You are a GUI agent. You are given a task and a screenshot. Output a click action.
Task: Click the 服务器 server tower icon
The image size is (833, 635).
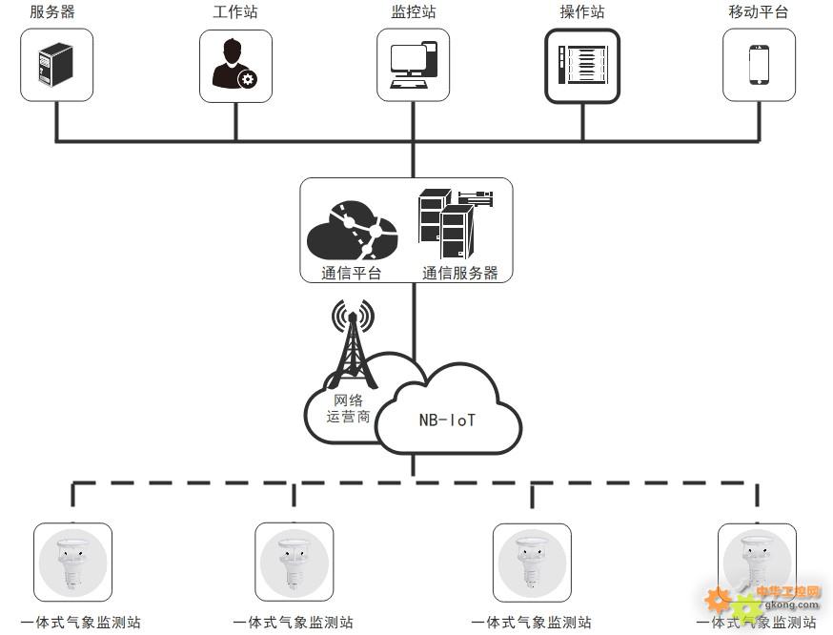click(x=56, y=65)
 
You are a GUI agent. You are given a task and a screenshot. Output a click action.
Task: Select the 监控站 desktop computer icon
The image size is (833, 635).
click(x=414, y=65)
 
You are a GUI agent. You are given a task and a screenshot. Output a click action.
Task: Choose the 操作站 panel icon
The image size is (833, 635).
click(x=582, y=65)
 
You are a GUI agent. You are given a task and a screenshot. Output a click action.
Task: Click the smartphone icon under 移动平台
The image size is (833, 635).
click(x=759, y=65)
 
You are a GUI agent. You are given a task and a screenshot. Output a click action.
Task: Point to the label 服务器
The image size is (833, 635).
click(x=52, y=11)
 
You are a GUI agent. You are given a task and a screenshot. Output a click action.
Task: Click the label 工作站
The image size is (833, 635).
click(x=235, y=11)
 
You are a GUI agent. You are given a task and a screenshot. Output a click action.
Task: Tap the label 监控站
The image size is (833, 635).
click(x=414, y=11)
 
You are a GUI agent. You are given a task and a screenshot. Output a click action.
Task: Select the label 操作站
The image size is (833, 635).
click(x=582, y=11)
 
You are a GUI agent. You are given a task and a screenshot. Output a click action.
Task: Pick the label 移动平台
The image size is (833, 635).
click(x=758, y=11)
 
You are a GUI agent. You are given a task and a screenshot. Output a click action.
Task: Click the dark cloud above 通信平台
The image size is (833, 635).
click(x=352, y=230)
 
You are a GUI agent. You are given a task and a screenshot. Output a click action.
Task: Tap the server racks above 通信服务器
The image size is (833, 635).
click(x=456, y=224)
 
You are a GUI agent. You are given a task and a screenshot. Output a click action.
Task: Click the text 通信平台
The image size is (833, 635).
click(x=351, y=273)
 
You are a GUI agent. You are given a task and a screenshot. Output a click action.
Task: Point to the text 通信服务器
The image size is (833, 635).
click(x=460, y=273)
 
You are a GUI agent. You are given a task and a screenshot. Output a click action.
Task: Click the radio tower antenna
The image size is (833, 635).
click(x=353, y=343)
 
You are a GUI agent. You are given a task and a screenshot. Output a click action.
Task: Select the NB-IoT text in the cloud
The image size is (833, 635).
click(x=447, y=420)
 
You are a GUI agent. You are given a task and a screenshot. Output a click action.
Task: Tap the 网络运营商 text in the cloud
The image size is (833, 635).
click(x=348, y=408)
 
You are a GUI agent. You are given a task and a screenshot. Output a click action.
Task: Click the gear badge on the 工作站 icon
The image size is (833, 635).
click(x=247, y=79)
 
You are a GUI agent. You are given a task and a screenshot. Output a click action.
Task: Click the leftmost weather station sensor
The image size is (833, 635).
click(x=72, y=562)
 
